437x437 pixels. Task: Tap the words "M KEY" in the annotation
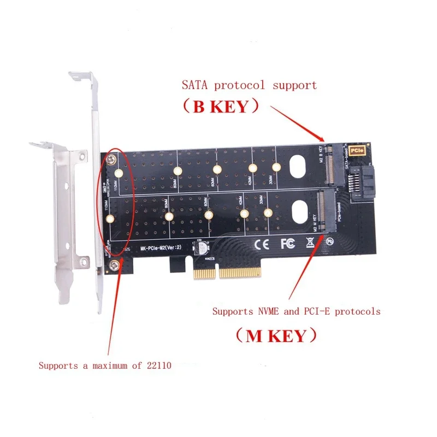tap(276, 335)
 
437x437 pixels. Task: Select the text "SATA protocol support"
tap(249, 85)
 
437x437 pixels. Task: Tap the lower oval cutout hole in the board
tap(300, 210)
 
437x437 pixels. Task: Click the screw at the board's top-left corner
tap(111, 160)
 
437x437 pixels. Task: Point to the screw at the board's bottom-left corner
tap(113, 266)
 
